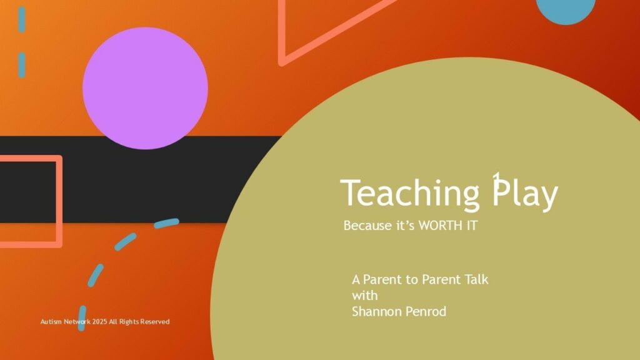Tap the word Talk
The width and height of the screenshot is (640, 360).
coord(476,279)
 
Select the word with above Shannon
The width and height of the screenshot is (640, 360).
coord(364,295)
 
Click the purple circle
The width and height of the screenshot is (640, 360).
coord(145,88)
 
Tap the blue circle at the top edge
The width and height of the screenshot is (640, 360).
coord(565,10)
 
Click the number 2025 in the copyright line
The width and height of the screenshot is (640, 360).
coord(99,322)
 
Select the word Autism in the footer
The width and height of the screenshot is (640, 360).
coord(51,322)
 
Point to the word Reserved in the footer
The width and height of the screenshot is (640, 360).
coord(155,322)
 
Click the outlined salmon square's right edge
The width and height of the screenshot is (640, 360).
coord(59,201)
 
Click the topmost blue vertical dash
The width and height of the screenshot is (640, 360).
coord(22,19)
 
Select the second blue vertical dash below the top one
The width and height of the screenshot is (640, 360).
coord(22,65)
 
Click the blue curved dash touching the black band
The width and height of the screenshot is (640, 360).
coord(166,223)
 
